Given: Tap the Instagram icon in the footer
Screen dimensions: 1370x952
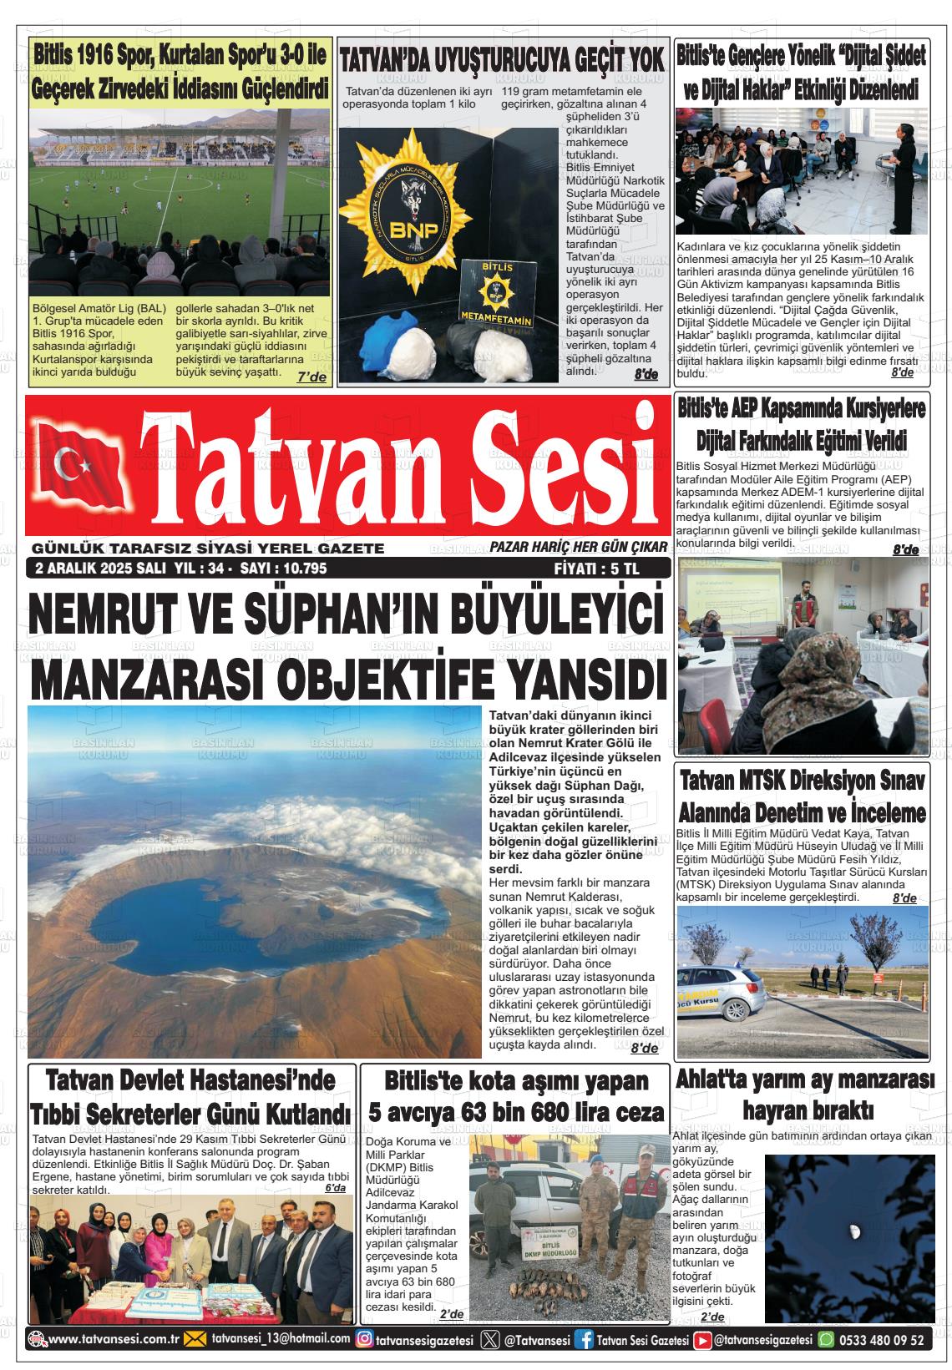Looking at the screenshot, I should pos(365,1339).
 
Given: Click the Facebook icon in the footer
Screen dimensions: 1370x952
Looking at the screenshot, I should pos(587,1339).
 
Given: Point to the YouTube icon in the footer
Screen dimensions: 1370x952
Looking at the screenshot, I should pos(704,1339).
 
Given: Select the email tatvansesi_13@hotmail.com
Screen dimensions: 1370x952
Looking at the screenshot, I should pos(281,1339).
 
